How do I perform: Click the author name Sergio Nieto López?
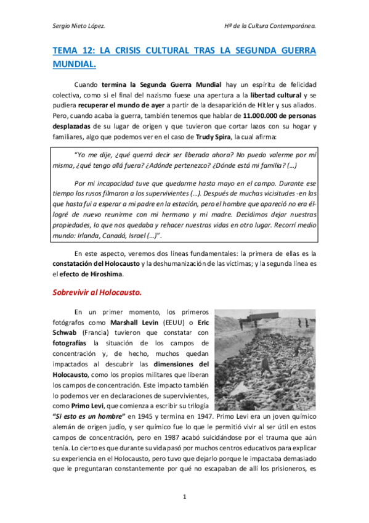click(78, 26)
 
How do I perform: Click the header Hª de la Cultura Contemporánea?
click(270, 26)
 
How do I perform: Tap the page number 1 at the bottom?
click(184, 496)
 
